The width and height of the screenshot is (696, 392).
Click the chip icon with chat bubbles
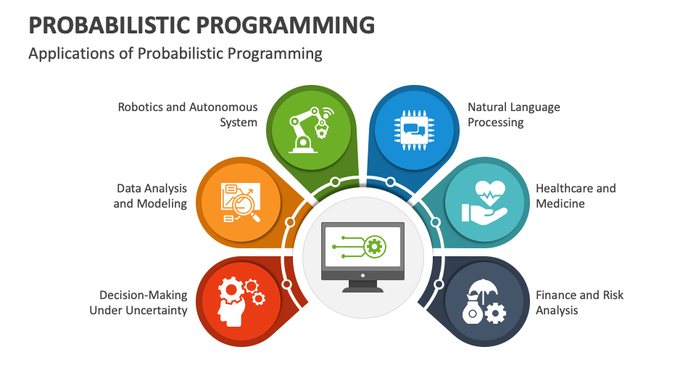click(414, 130)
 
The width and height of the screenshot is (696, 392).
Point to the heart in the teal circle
click(490, 192)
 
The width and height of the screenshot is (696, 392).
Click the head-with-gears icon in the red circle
click(241, 301)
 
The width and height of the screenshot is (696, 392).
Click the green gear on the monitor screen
click(375, 246)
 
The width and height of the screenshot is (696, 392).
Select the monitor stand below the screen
click(362, 286)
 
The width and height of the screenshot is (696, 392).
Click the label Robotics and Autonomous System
click(187, 115)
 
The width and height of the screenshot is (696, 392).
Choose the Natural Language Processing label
click(513, 115)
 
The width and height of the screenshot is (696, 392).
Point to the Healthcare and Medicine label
click(576, 195)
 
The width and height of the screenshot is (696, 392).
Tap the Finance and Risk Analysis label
click(579, 302)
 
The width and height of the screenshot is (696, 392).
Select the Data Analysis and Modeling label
click(150, 195)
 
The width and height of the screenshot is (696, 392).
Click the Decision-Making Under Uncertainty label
click(138, 302)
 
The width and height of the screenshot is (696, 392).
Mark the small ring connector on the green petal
click(335, 181)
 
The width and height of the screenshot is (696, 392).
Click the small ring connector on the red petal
click(287, 284)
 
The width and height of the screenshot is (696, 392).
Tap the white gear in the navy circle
click(495, 314)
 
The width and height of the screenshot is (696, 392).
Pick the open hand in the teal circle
click(484, 213)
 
